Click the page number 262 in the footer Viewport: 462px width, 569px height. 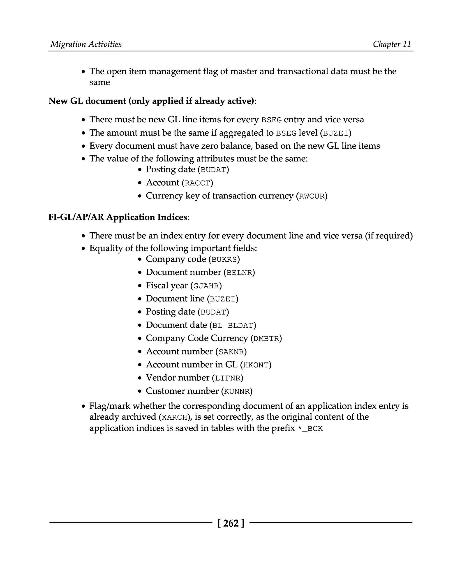[x=231, y=523]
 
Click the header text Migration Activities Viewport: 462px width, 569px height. [x=86, y=44]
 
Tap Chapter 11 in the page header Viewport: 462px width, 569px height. [x=392, y=44]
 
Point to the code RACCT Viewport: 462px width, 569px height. [x=197, y=183]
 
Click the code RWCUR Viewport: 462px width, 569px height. [x=312, y=197]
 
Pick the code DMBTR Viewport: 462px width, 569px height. [x=266, y=339]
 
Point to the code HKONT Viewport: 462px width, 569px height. [x=256, y=365]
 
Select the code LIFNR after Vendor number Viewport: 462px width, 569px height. [x=228, y=378]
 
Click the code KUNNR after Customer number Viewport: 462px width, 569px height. [x=237, y=392]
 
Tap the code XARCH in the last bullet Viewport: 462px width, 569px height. [x=175, y=417]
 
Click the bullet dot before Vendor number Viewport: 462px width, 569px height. [x=140, y=378]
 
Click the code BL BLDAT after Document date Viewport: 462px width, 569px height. [x=233, y=326]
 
